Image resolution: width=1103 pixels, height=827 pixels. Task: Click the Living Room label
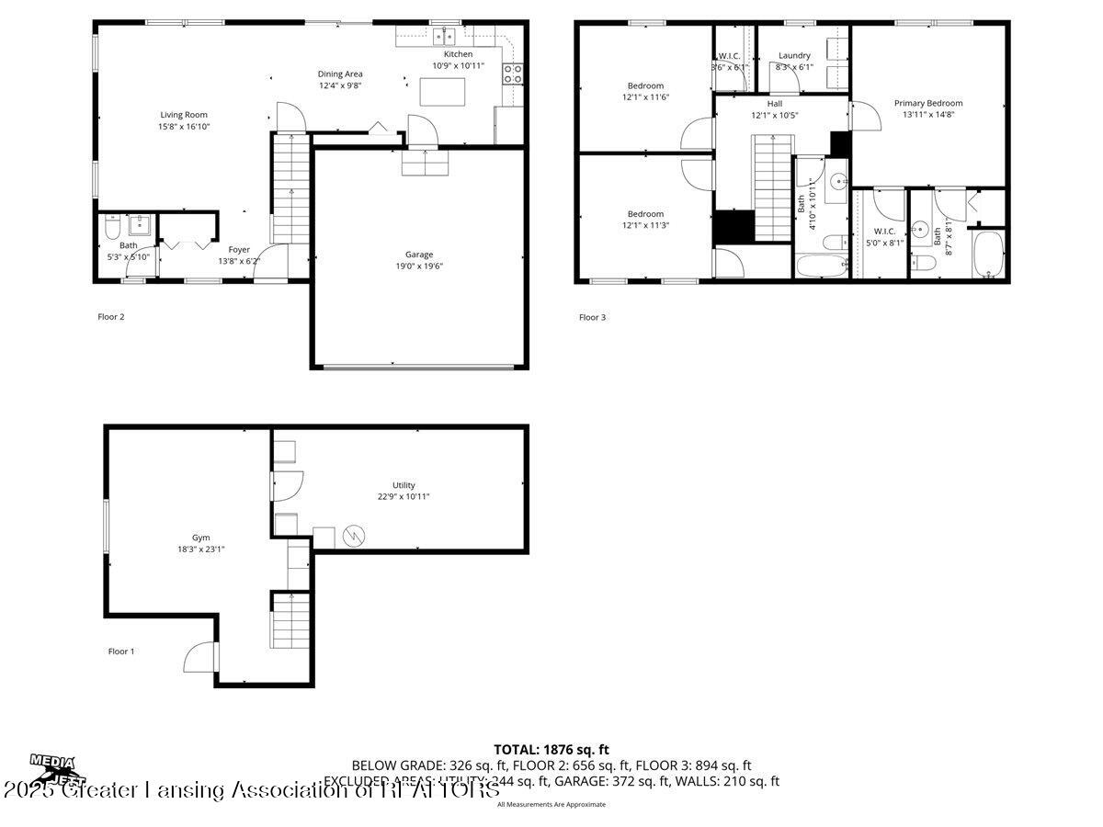tap(184, 115)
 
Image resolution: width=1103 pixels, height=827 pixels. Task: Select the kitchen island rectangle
tap(442, 93)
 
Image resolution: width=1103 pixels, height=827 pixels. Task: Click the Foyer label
tap(239, 249)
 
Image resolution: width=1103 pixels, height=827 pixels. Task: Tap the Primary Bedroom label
tap(928, 103)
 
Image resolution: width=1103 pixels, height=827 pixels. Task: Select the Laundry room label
tap(794, 55)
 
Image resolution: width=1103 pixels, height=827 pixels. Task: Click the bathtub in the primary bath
tap(989, 254)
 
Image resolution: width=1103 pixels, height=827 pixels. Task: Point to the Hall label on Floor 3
tap(775, 103)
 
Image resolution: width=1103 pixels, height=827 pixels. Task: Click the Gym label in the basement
tap(200, 538)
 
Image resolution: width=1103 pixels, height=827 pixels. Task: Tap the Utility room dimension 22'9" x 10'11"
tap(404, 497)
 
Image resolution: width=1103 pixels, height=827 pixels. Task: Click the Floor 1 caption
tap(121, 651)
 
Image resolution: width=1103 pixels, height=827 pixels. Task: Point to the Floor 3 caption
tap(592, 318)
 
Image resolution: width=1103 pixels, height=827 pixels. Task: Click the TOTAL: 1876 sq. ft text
tap(551, 750)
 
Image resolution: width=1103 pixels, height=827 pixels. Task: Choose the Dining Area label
tap(340, 74)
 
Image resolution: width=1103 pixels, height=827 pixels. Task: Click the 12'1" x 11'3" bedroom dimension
tap(645, 225)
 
